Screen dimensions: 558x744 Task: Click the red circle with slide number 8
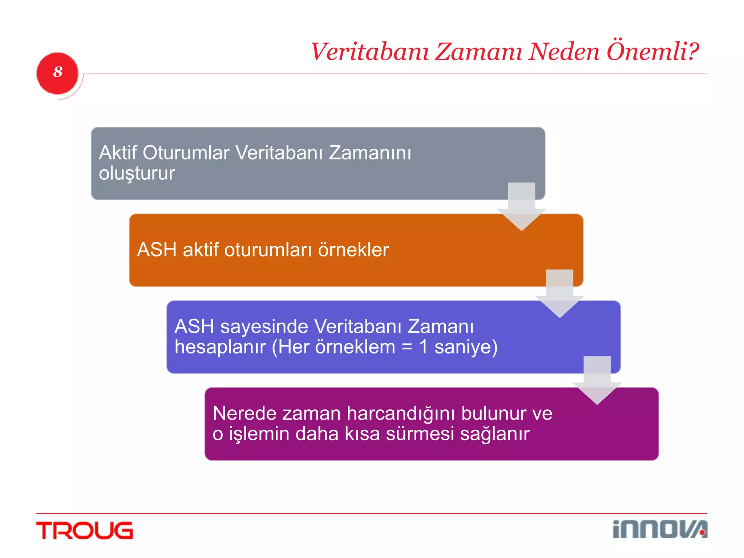57,73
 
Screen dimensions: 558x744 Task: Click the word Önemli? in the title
652,51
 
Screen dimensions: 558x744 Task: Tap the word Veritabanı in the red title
370,52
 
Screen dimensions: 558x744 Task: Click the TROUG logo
85,530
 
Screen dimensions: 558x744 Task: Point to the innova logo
659,529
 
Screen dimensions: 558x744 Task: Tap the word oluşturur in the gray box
137,173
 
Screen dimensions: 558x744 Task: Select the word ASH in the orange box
157,250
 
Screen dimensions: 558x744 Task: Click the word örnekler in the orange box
353,250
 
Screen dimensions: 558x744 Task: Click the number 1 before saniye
423,347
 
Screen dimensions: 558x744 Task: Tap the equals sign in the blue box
407,347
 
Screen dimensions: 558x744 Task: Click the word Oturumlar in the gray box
186,153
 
